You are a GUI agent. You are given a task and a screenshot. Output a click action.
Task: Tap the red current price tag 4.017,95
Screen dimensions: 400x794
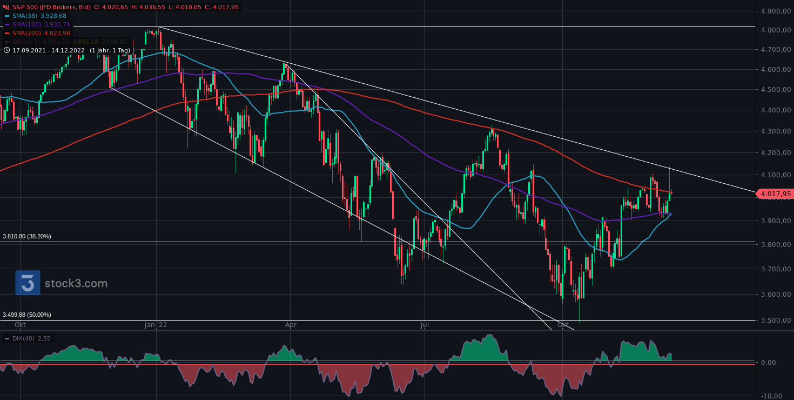[775, 194]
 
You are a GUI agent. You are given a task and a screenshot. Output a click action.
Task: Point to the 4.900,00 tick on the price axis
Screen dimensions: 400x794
[775, 11]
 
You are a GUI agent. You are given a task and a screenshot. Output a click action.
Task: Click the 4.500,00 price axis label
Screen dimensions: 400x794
[775, 90]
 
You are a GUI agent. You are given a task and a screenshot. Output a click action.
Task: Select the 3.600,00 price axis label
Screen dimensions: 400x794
[775, 295]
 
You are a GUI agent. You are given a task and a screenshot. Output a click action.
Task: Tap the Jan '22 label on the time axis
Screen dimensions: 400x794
[156, 325]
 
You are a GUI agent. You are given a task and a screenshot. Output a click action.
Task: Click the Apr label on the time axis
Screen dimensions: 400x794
[291, 325]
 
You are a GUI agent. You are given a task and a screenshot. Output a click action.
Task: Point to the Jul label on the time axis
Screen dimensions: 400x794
[425, 325]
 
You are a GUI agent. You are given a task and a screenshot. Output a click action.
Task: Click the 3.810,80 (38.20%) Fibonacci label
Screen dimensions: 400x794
[27, 236]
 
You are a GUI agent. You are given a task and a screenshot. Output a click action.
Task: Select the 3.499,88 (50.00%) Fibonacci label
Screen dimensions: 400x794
[27, 315]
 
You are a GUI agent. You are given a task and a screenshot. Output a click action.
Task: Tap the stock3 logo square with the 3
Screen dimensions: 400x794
[28, 283]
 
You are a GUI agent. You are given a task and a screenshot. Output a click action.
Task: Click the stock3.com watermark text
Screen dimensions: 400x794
[76, 283]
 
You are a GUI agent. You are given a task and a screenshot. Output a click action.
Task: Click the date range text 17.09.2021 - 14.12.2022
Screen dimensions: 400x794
[49, 50]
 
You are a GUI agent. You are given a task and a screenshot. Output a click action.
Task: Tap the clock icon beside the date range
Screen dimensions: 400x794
[6, 50]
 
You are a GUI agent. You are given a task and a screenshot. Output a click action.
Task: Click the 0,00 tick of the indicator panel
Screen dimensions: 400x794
[776, 362]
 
